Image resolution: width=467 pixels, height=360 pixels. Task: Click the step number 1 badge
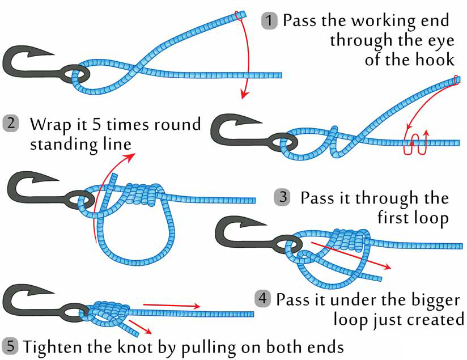[269, 22]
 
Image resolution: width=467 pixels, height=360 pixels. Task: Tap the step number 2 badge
[11, 124]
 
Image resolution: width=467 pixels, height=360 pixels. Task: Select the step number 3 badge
[282, 198]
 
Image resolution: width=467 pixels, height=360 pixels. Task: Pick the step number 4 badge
[262, 299]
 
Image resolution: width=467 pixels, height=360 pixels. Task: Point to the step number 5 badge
[11, 345]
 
